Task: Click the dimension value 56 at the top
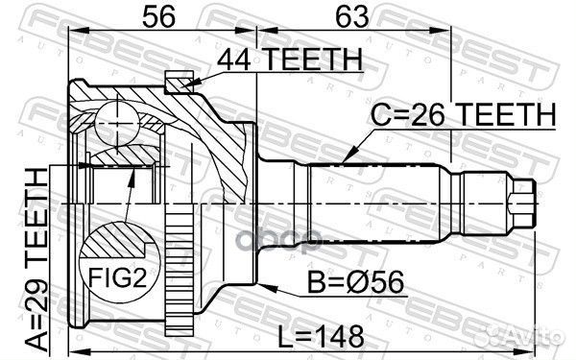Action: point(158,16)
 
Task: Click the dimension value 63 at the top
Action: point(351,16)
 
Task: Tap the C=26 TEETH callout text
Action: point(463,114)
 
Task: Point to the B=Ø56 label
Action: point(355,282)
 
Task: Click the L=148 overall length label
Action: point(321,337)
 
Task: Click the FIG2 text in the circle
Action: point(117,277)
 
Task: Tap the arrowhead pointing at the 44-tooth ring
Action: point(187,84)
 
